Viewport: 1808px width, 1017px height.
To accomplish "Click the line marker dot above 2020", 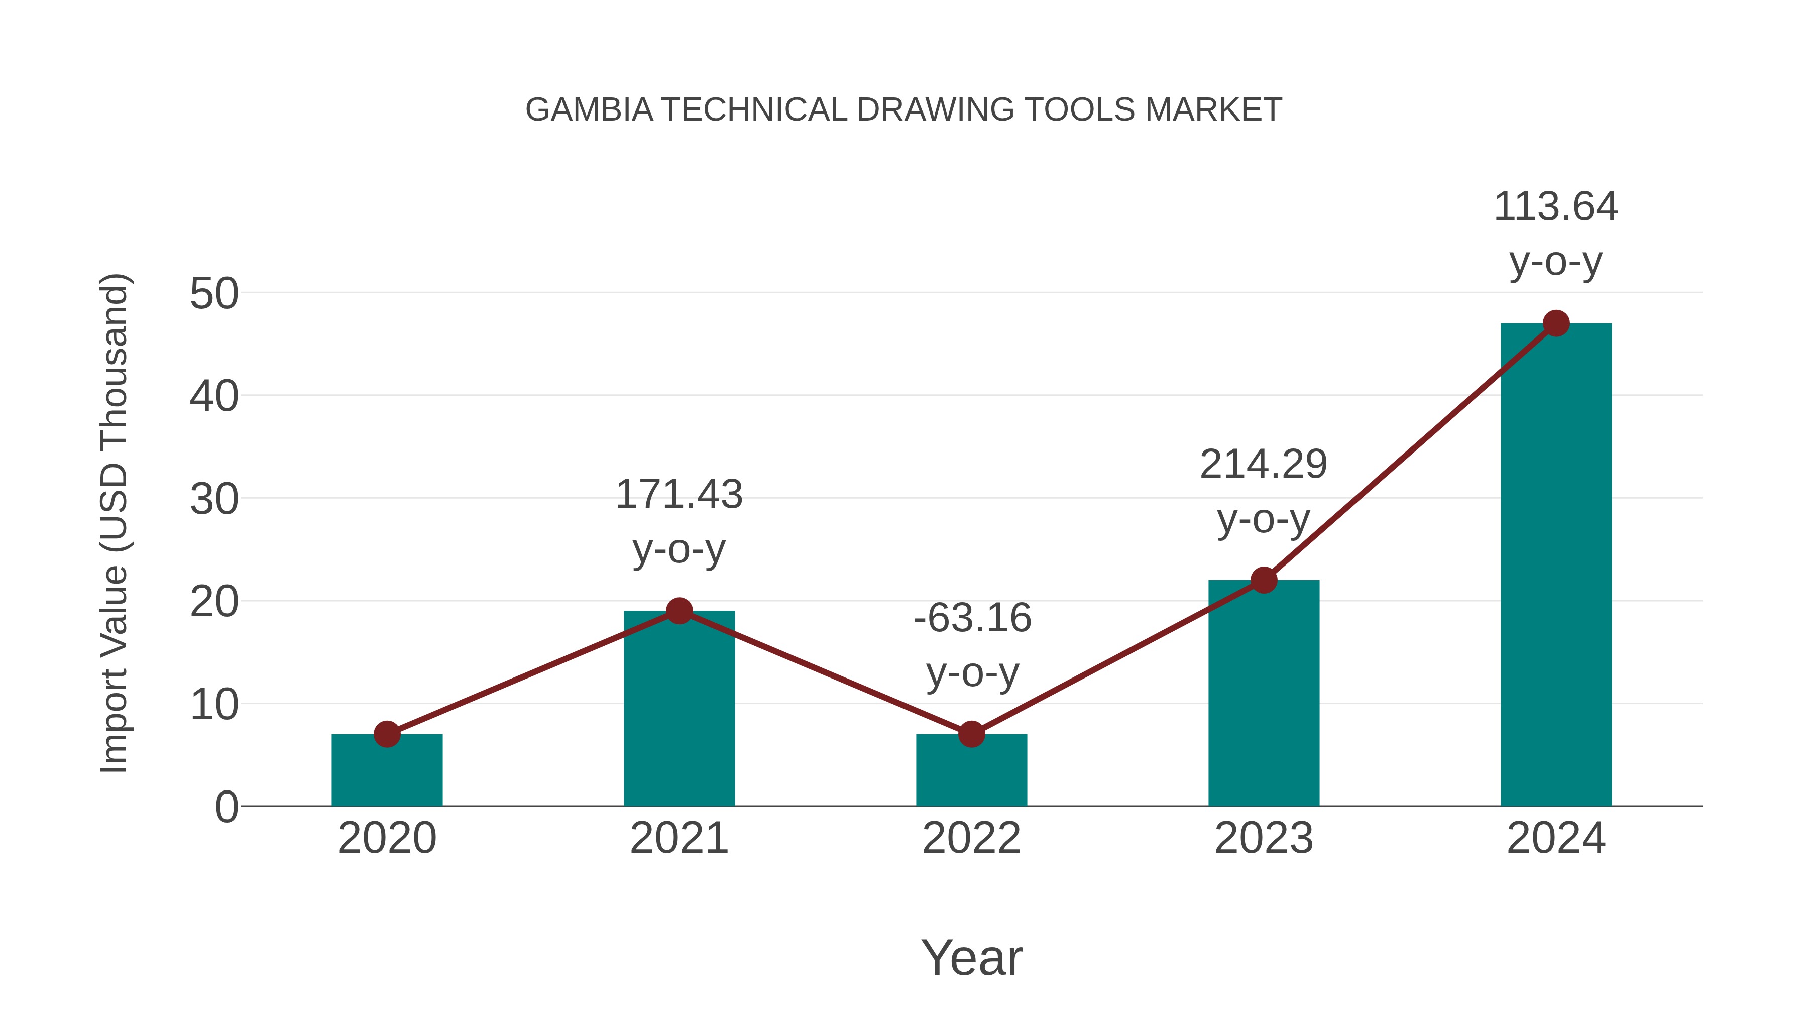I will pyautogui.click(x=387, y=734).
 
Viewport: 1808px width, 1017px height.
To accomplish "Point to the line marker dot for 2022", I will pyautogui.click(x=971, y=734).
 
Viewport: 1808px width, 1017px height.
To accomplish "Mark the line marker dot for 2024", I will pyautogui.click(x=1556, y=323).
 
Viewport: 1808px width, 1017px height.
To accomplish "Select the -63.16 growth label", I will pyautogui.click(x=972, y=618).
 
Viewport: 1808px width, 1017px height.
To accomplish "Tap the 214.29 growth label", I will pyautogui.click(x=1264, y=465).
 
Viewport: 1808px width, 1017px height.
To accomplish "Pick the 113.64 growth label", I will pyautogui.click(x=1555, y=207).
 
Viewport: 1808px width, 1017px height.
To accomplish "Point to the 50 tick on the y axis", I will pyautogui.click(x=214, y=294).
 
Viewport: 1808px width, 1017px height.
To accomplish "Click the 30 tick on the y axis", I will pyautogui.click(x=214, y=500).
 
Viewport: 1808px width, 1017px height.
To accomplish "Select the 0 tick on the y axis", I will pyautogui.click(x=227, y=807).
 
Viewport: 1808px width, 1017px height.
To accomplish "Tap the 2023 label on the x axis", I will pyautogui.click(x=1264, y=838).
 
